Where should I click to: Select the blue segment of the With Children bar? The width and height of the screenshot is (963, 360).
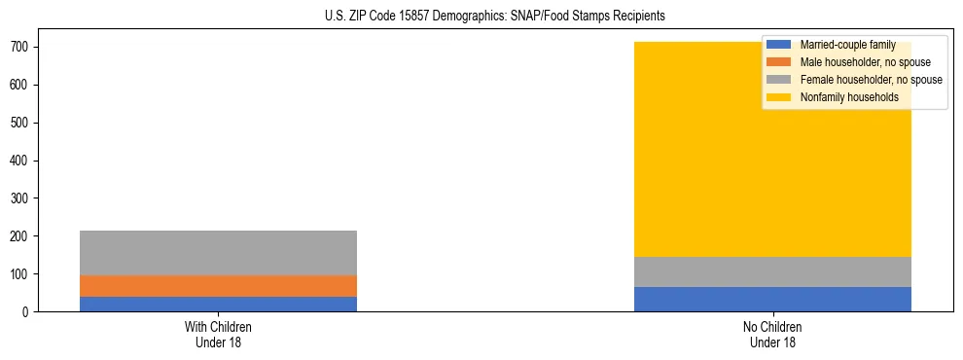coord(218,304)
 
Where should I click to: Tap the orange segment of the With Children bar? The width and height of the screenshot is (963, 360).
coord(218,286)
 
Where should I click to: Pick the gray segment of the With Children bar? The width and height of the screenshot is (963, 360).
coord(218,253)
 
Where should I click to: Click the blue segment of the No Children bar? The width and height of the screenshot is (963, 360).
coord(772,299)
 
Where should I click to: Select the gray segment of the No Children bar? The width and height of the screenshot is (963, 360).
coord(772,271)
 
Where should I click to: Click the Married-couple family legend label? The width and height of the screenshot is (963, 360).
coord(847,45)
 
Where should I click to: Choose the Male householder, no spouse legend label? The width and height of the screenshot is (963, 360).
coord(865,62)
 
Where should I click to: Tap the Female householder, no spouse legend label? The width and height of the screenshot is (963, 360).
coord(871,80)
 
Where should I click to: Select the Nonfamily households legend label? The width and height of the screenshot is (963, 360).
coord(849,97)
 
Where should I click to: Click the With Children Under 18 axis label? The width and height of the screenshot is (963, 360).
coord(218,334)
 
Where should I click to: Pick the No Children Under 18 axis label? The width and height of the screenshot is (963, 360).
coord(772,334)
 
